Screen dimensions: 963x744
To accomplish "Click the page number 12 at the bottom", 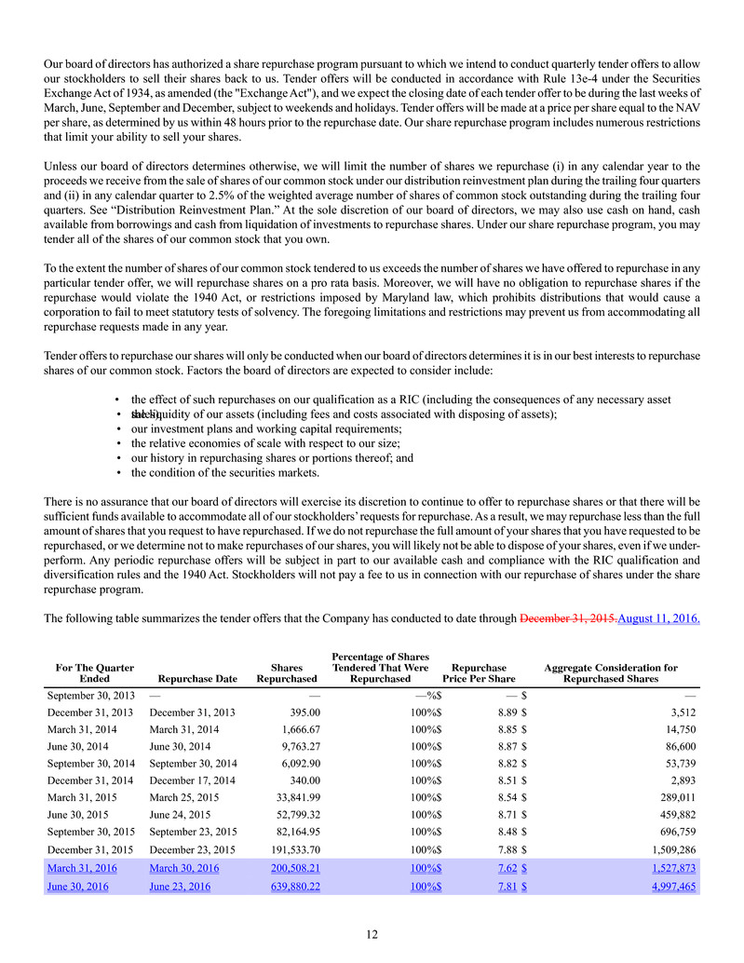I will tap(372, 933).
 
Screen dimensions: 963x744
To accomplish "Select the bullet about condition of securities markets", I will tap(224, 472).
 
